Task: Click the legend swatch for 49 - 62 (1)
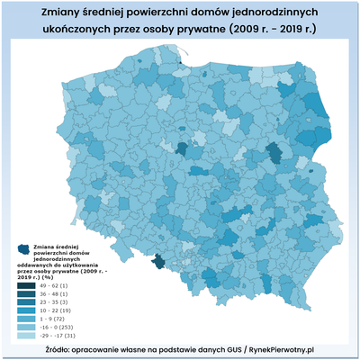pos(23,284)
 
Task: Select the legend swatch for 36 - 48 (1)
pos(23,293)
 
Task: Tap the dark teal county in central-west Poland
pos(184,148)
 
